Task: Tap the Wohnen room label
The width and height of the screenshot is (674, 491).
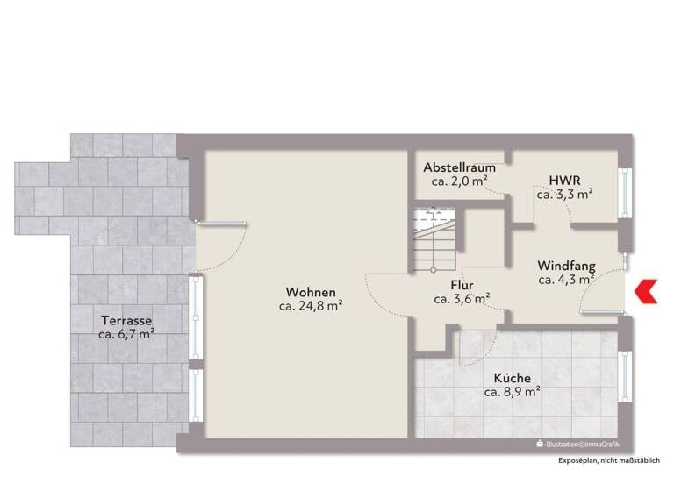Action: click(311, 292)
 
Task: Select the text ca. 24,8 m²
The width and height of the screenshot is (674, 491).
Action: click(311, 306)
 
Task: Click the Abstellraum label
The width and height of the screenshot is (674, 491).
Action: click(459, 167)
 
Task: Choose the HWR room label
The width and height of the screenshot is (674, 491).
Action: click(560, 181)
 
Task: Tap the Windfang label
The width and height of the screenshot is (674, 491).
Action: click(567, 266)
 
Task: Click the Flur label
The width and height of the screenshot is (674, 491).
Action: click(462, 285)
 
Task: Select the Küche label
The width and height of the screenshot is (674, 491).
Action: click(512, 378)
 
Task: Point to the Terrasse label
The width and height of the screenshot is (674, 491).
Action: click(126, 320)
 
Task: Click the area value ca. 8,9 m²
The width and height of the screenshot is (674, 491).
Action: click(512, 392)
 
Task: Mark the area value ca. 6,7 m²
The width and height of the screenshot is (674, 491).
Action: click(126, 334)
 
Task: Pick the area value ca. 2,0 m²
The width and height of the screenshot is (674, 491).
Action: click(459, 181)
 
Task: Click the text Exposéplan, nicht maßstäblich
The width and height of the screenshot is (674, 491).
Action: click(610, 460)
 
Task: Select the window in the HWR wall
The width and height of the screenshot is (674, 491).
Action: click(626, 191)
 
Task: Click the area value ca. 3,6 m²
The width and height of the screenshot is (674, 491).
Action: click(462, 299)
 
